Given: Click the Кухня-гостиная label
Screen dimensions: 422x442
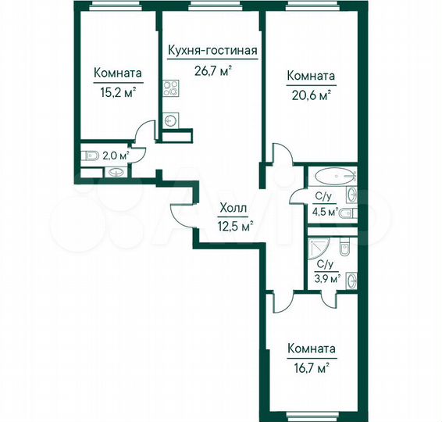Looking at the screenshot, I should click(x=212, y=52).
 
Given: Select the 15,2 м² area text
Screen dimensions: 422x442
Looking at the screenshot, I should click(x=117, y=90).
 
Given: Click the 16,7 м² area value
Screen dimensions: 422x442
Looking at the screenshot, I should click(x=311, y=365).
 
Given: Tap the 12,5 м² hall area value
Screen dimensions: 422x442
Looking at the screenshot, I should click(x=235, y=227).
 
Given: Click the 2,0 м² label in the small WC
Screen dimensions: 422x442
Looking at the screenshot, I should click(x=116, y=156).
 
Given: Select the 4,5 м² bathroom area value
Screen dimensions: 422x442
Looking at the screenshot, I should click(x=325, y=211).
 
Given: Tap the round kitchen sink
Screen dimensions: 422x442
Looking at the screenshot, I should click(x=171, y=120).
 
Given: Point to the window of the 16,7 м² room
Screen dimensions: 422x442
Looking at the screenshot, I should click(x=311, y=413).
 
